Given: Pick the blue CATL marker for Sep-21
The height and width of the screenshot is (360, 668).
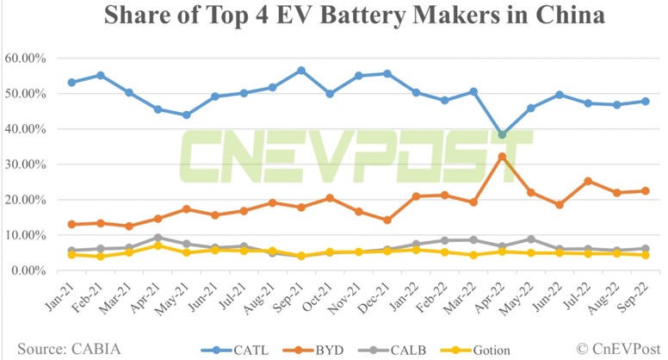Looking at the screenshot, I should [x=301, y=71].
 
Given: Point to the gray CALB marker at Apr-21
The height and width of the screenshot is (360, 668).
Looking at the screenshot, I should [x=158, y=238].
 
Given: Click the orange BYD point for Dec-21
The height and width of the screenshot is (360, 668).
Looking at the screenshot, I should [x=387, y=220].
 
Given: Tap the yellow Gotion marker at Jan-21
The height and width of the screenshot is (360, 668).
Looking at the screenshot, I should [x=71, y=255].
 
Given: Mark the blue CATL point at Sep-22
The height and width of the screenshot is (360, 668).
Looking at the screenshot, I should [x=645, y=101].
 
